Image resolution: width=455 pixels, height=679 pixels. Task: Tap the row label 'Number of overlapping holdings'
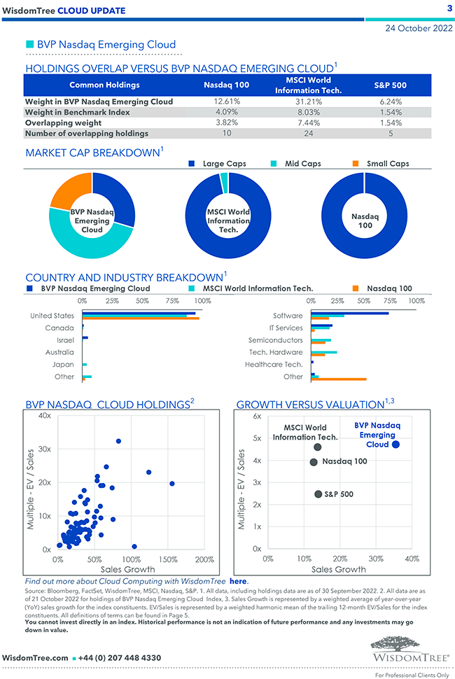(87, 133)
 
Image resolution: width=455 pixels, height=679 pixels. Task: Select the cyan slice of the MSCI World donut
(224, 182)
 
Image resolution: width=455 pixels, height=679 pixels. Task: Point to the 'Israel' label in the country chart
(65, 340)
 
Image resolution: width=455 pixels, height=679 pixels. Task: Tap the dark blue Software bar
(349, 313)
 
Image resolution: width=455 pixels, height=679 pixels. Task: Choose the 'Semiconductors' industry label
(275, 340)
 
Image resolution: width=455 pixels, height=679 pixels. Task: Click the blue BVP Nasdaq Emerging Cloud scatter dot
(396, 444)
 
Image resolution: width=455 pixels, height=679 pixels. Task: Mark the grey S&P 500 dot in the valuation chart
(318, 494)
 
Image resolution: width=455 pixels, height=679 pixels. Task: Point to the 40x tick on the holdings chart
(44, 416)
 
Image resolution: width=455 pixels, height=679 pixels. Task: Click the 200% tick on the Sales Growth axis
(204, 560)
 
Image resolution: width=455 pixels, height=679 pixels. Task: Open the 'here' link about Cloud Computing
(238, 581)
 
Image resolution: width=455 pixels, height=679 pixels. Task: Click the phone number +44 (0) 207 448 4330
(121, 658)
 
